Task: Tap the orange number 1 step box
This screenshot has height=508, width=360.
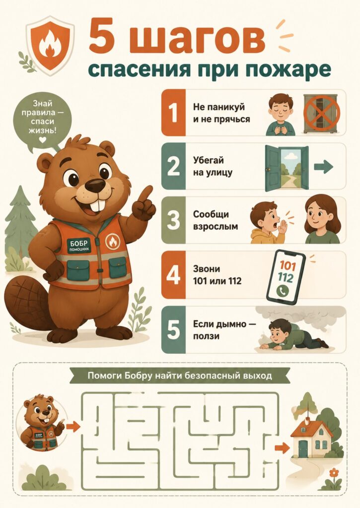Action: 173,113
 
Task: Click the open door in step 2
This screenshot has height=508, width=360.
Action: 287,168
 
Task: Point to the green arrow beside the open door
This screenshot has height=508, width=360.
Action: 323,167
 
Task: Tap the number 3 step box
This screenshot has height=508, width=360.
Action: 173,220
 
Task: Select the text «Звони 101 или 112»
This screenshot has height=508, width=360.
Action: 217,275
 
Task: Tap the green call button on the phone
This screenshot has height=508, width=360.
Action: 283,291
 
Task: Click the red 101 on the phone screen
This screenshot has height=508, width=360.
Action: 288,266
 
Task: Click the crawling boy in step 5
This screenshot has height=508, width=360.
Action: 294,335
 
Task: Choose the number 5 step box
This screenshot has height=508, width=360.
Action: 173,330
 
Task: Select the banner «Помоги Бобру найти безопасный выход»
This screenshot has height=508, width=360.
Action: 180,376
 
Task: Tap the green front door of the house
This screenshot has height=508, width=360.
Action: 302,448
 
